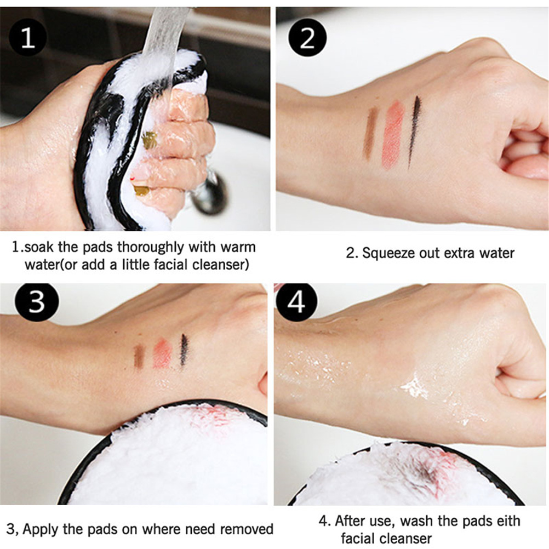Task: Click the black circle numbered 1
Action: point(27,37)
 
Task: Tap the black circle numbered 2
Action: point(307,37)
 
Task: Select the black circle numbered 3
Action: point(37,302)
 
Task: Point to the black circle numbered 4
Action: point(296,302)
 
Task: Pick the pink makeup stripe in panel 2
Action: point(393,135)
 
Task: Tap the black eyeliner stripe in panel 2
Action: point(414,131)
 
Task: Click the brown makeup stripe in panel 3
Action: point(139,357)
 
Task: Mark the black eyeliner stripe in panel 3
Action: point(184,350)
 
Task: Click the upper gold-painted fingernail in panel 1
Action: point(150,140)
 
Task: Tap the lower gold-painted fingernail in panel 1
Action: point(141,191)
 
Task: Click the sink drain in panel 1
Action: point(209,192)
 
